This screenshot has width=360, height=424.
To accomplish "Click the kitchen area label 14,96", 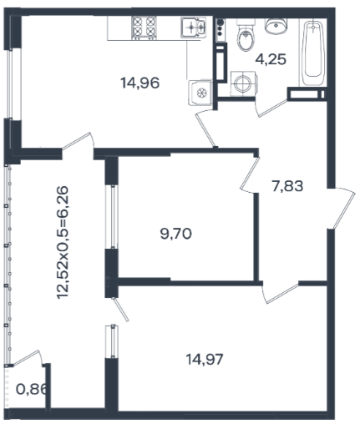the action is tap(139, 83).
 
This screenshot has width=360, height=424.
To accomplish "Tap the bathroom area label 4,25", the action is tap(271, 59).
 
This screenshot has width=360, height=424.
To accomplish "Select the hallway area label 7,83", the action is tap(287, 186).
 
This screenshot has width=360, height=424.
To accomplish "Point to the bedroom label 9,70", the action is tap(176, 233).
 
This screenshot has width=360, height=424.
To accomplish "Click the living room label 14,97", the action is tap(205, 359).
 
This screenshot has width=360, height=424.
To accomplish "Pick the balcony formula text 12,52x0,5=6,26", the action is tap(63, 242).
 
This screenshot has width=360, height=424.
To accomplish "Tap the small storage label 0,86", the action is tap(31, 389).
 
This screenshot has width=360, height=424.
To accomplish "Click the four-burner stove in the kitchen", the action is tap(144, 28).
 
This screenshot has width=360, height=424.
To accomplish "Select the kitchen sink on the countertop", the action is tap(193, 28).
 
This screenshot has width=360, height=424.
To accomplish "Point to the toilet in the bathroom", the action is tap(246, 36).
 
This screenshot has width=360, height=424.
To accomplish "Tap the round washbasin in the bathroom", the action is tap(276, 26).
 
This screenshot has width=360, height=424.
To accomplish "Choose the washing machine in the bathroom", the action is tap(243, 83).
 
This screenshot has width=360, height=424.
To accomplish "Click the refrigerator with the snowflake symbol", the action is tap(200, 93).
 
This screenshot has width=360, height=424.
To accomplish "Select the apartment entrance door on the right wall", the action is tap(343, 208).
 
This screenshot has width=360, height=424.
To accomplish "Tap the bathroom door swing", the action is tap(271, 109).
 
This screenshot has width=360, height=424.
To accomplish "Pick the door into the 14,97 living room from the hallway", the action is tap(280, 294).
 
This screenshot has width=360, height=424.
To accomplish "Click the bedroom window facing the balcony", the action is tap(113, 217).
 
